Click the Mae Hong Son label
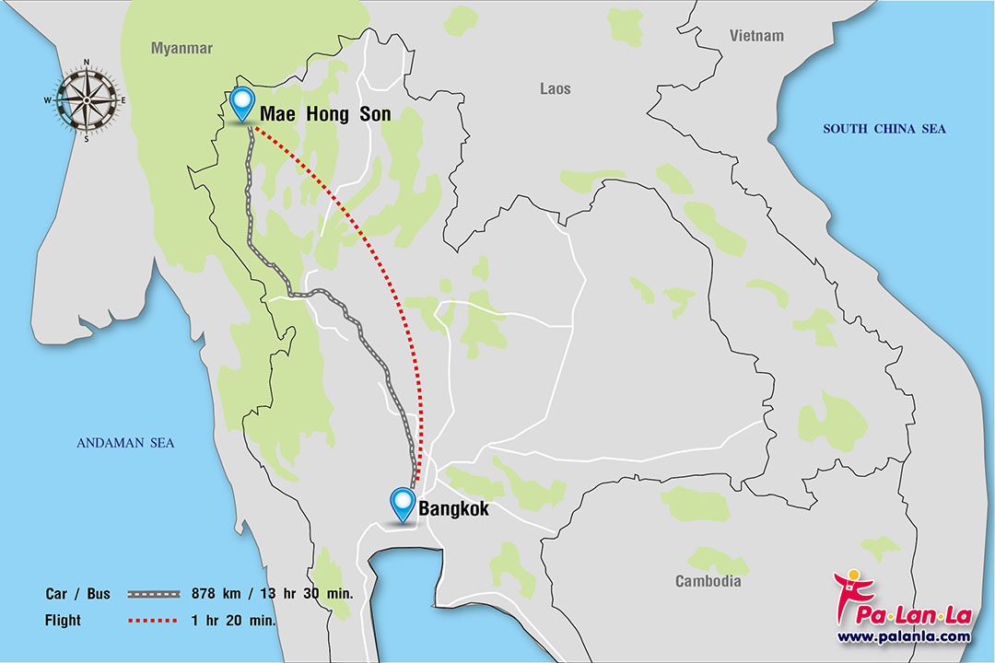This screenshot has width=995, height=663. pos(325,114)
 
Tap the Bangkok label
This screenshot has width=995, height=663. pos(453,508)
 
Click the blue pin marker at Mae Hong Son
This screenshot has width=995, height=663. pos(242,102)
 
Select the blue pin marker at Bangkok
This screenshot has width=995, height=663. pos(403,503)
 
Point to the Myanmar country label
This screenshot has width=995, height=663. pos(181,48)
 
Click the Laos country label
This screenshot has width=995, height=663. pos(555,88)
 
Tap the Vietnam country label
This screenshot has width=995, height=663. pos(756,36)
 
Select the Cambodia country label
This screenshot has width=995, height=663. pos(708,581)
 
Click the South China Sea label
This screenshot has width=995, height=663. pos(884,129)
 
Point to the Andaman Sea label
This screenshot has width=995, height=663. pos(125,444)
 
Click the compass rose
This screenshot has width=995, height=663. pos(86,99)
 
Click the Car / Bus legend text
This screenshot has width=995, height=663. pos(77,594)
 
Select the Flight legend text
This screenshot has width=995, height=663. pos(63,621)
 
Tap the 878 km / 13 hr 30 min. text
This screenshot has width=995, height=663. pos(272,594)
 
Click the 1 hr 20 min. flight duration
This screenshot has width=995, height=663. pos(234,621)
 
